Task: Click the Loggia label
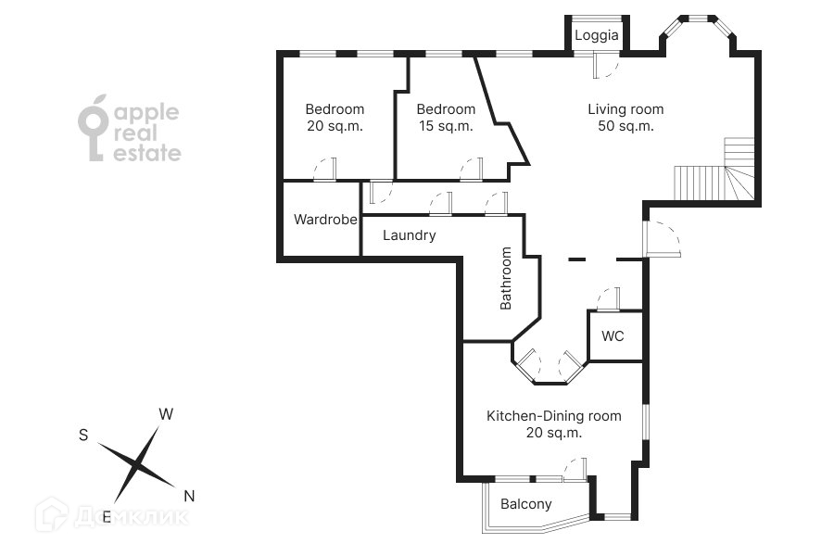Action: [597, 36]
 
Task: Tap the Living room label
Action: [625, 118]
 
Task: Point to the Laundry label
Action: [409, 235]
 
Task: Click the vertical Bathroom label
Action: [506, 278]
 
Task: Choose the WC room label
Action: [613, 336]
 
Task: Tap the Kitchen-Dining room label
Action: [554, 424]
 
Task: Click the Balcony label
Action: [525, 504]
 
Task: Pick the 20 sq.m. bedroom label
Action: [335, 118]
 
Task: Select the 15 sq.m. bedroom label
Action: [446, 118]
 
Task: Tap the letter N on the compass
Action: [189, 496]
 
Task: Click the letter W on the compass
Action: [166, 414]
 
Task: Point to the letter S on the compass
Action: [83, 435]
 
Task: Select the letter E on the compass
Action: [107, 517]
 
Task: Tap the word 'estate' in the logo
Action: [147, 154]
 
